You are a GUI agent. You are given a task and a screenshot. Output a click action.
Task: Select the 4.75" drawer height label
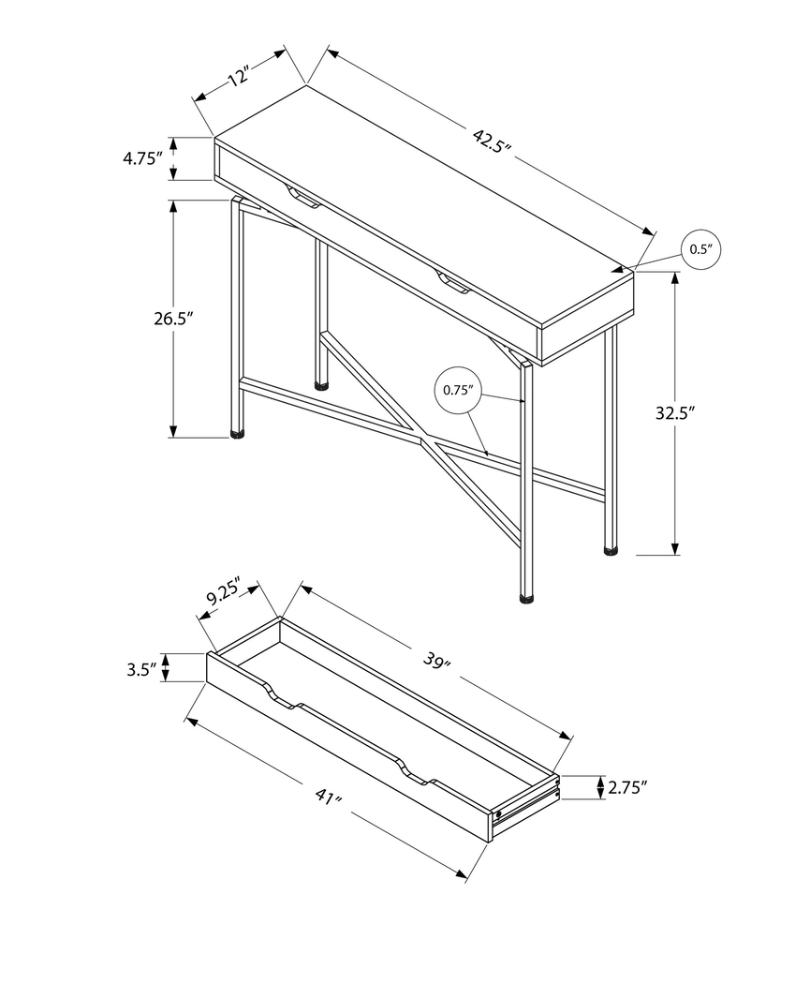click(143, 159)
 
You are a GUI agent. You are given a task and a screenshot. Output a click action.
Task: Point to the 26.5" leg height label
click(173, 319)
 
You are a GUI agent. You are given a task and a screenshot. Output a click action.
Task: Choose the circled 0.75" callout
click(458, 390)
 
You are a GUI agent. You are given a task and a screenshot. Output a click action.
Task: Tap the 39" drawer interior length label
click(436, 662)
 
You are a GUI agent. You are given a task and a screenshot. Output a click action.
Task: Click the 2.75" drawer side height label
click(627, 788)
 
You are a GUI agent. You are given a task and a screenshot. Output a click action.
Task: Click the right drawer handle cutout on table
click(451, 282)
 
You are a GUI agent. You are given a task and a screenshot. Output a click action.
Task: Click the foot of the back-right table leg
click(611, 550)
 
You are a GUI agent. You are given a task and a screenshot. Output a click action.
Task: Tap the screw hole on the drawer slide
click(499, 813)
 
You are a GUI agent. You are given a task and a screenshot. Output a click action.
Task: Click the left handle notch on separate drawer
click(281, 698)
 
